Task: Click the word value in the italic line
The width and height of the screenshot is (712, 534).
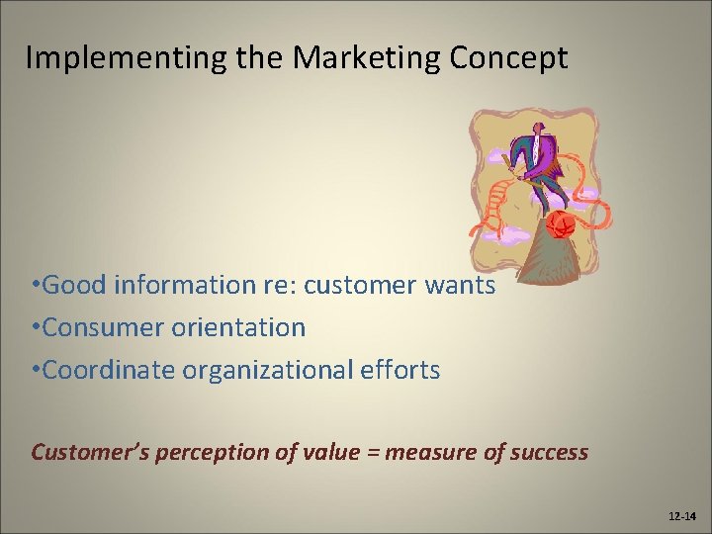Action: [330, 453]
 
